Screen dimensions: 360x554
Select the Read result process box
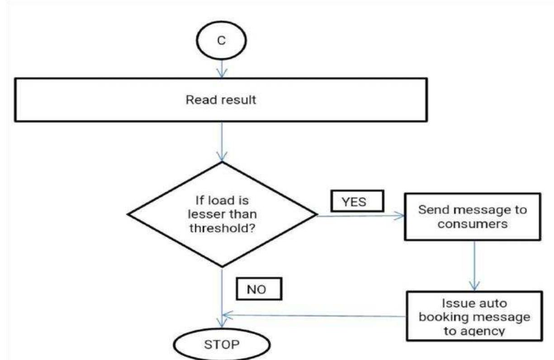221,100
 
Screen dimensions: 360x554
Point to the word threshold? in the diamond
221,228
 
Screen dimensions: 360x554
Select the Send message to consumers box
473,218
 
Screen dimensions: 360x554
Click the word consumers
473,224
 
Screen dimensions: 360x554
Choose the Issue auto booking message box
474,317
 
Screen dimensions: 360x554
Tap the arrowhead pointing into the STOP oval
221,322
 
